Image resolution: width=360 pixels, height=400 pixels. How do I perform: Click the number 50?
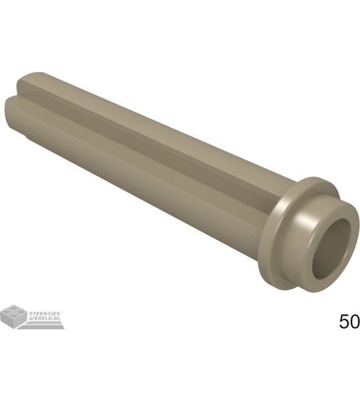(349, 321)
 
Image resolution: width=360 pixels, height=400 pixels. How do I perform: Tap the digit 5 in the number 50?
(344, 321)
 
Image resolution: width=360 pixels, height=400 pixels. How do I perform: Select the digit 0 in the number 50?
(355, 321)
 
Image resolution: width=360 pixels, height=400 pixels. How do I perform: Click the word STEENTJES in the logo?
(45, 313)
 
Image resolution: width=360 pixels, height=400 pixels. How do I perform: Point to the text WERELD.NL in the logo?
(44, 319)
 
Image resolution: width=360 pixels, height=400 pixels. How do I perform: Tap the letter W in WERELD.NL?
(31, 319)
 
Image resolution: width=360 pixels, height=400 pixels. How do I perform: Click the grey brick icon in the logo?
(14, 316)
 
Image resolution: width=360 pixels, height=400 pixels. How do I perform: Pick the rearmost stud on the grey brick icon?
(14, 307)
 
